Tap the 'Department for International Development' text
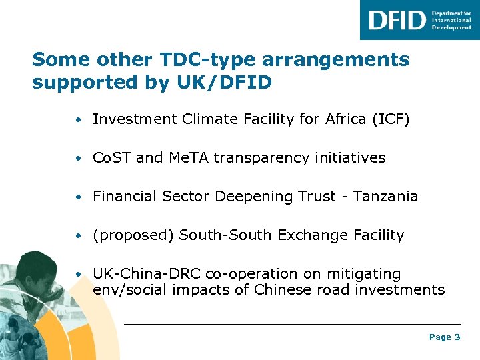tap(451, 20)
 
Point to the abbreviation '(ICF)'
tap(391, 119)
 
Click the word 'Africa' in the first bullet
tap(344, 119)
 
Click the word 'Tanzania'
tap(385, 197)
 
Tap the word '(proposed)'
tap(133, 235)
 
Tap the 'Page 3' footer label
tap(445, 337)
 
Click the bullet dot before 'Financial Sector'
tap(79, 197)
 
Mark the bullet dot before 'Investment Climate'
tap(79, 120)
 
